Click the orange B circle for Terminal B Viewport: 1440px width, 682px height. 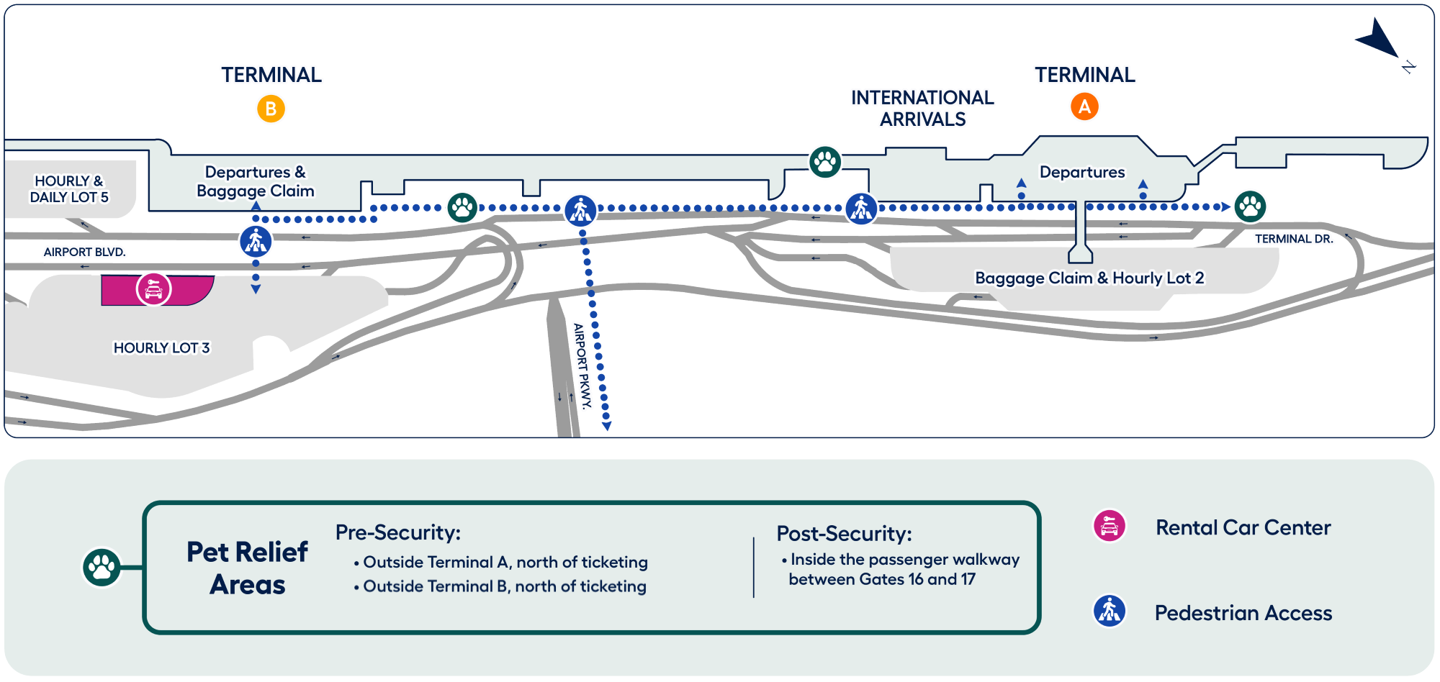pyautogui.click(x=271, y=109)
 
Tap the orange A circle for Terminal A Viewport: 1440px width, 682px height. pyautogui.click(x=1084, y=106)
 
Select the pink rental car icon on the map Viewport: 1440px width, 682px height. pyautogui.click(x=154, y=289)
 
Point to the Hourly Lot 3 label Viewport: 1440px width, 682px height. pyautogui.click(x=161, y=348)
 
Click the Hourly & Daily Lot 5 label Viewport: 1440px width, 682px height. pyautogui.click(x=69, y=189)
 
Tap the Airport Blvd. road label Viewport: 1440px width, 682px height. pyautogui.click(x=84, y=252)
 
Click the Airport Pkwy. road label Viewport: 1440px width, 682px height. pyautogui.click(x=582, y=365)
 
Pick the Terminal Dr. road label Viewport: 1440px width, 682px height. pyautogui.click(x=1294, y=239)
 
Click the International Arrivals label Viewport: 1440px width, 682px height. pyautogui.click(x=922, y=109)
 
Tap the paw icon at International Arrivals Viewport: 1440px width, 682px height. pyautogui.click(x=825, y=162)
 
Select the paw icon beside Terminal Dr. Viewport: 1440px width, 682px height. pyautogui.click(x=1251, y=206)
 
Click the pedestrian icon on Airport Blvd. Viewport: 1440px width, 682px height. pyautogui.click(x=256, y=241)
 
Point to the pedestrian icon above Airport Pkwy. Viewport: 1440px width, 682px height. pyautogui.click(x=580, y=210)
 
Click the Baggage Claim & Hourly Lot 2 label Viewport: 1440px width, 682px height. pyautogui.click(x=1089, y=278)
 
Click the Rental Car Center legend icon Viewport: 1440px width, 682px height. pyautogui.click(x=1110, y=527)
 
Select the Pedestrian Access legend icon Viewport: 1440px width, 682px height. pyautogui.click(x=1110, y=611)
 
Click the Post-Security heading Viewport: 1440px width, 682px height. pyautogui.click(x=844, y=534)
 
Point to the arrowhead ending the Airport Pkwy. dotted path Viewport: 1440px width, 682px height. pyautogui.click(x=607, y=427)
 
